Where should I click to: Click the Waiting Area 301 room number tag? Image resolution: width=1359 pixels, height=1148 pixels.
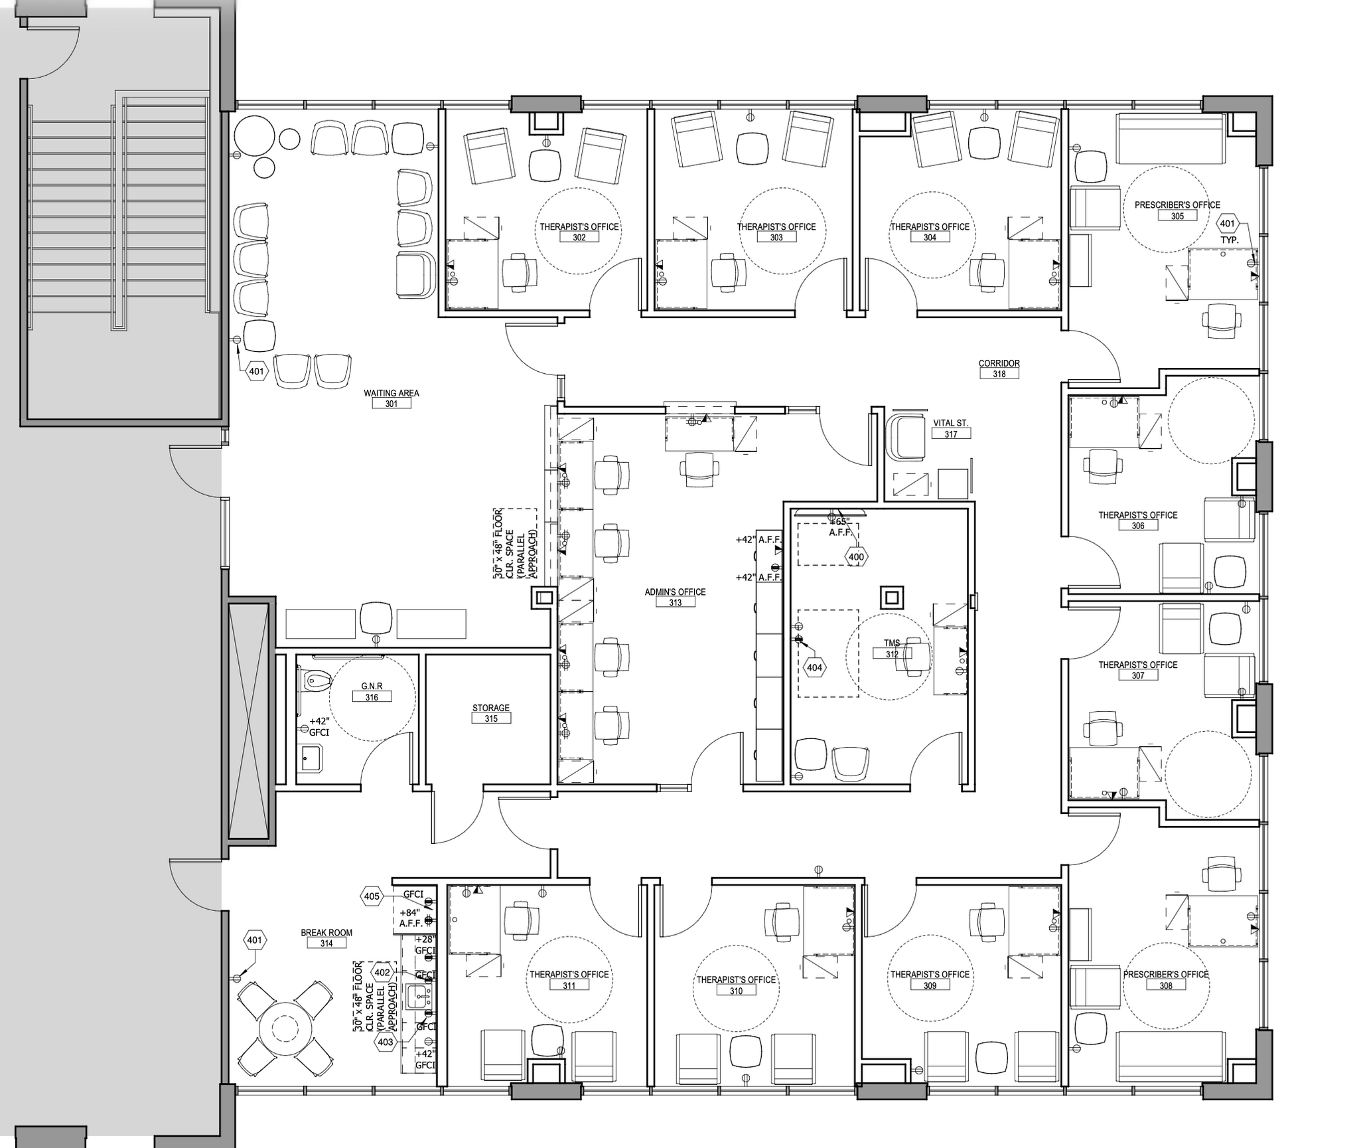(391, 404)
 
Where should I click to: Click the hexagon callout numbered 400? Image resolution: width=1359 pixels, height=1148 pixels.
(856, 557)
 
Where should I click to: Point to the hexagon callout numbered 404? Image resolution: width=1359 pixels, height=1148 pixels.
(814, 668)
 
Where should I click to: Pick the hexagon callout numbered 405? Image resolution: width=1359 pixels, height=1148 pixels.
(372, 896)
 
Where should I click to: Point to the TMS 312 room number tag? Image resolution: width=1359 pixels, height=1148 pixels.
(891, 654)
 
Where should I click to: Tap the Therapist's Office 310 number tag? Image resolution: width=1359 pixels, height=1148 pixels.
(735, 991)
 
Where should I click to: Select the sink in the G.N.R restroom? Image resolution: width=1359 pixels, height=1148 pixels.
(311, 758)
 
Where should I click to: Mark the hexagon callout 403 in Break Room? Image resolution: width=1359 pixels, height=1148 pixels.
(386, 1042)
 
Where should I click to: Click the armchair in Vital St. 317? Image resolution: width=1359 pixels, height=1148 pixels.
(906, 437)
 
